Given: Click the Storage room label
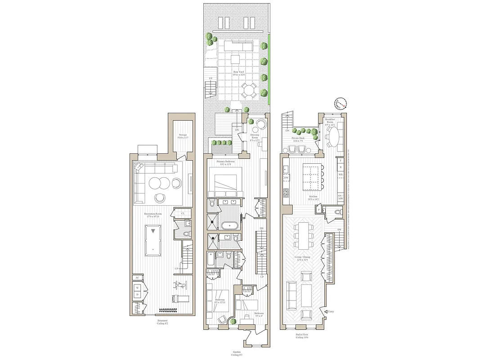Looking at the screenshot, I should pos(182,136).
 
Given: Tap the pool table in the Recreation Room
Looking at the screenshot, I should pos(154,240).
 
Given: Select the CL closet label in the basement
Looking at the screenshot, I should pos(183,213).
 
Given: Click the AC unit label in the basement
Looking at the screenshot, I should pos(137,278).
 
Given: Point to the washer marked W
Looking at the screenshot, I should pos(137,287).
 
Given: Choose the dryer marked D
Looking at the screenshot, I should pos(137,294).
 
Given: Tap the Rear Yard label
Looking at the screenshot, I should pos(239,73).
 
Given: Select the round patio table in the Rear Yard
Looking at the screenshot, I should pos(248,91).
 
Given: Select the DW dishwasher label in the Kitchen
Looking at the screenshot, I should pos(286,178).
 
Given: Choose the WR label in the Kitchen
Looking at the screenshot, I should pos(341,174).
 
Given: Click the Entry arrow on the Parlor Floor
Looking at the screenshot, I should pos(324,311).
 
